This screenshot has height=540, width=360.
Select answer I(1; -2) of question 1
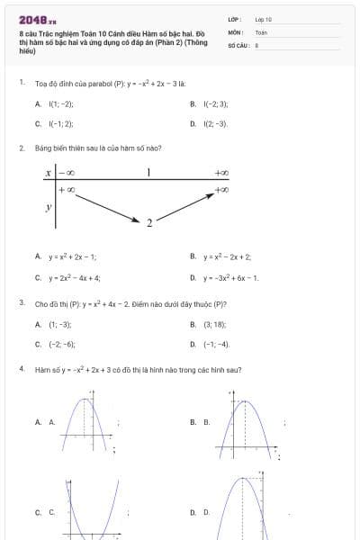pos(60,104)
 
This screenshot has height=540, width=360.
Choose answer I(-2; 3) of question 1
pos(215,104)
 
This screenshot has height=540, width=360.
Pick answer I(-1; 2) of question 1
pos(61,124)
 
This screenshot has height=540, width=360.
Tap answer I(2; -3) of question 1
pos(215,124)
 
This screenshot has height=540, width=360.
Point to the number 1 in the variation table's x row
pos(148,172)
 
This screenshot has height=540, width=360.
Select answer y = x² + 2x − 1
pos(73,256)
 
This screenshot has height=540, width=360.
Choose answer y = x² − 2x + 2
pos(227,256)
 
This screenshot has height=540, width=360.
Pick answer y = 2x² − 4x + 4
pos(75,277)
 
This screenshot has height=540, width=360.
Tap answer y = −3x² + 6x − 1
pos(230,277)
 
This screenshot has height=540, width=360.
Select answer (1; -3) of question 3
pos(59,324)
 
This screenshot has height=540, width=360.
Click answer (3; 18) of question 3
pos(214,324)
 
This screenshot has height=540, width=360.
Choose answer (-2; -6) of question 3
pos(62,344)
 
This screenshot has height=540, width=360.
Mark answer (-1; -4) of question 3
pos(216,344)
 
